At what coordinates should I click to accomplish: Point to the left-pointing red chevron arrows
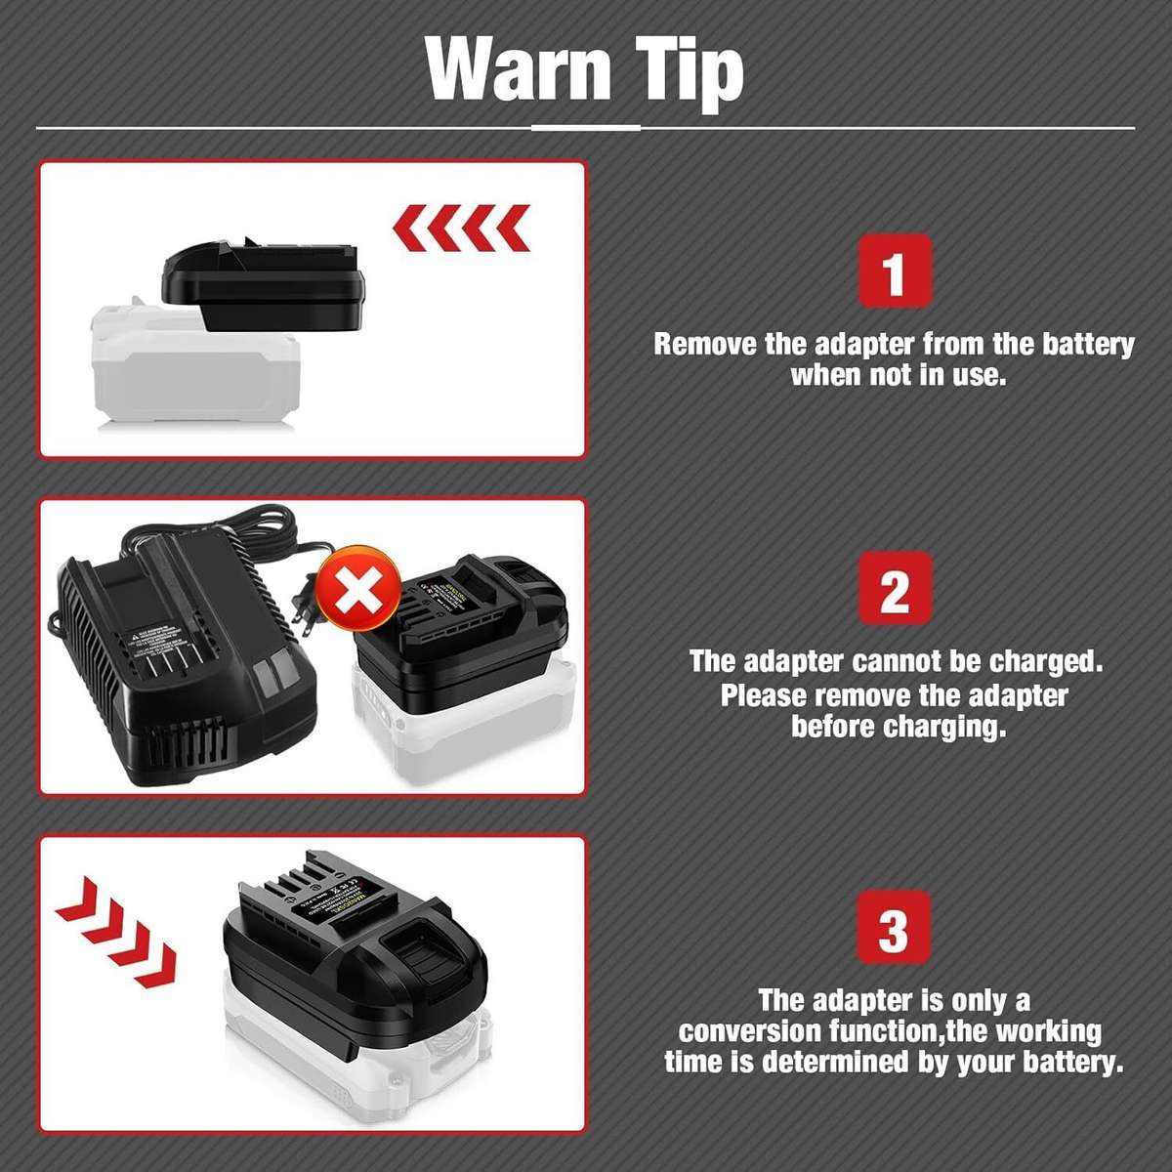[461, 229]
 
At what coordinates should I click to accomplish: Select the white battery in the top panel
[195, 371]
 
